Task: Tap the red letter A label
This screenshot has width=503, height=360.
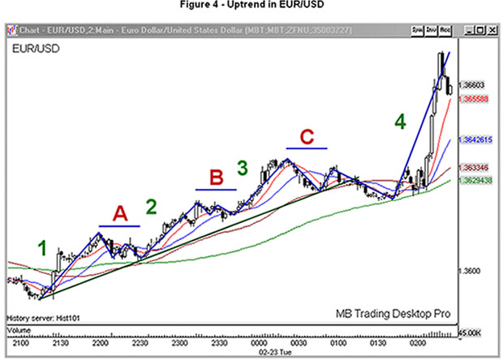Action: point(120,214)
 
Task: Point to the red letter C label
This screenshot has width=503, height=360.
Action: point(307,136)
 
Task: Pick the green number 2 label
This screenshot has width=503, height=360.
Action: point(151,207)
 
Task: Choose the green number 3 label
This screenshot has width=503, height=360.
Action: point(242,168)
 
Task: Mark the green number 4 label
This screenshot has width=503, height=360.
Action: point(399,122)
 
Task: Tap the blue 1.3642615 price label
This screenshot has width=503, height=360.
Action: point(475,139)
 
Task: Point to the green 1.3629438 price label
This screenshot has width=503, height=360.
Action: point(475,182)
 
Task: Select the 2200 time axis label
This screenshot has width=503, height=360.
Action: point(101,343)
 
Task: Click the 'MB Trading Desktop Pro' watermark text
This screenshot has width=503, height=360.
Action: point(393,313)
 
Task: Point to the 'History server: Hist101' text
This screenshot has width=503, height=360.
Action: point(42,317)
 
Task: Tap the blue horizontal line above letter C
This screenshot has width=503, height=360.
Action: point(307,150)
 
